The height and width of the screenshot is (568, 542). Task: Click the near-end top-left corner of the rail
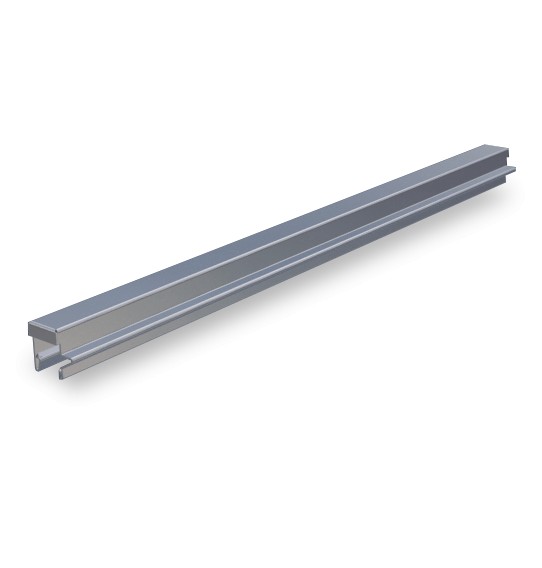29,322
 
